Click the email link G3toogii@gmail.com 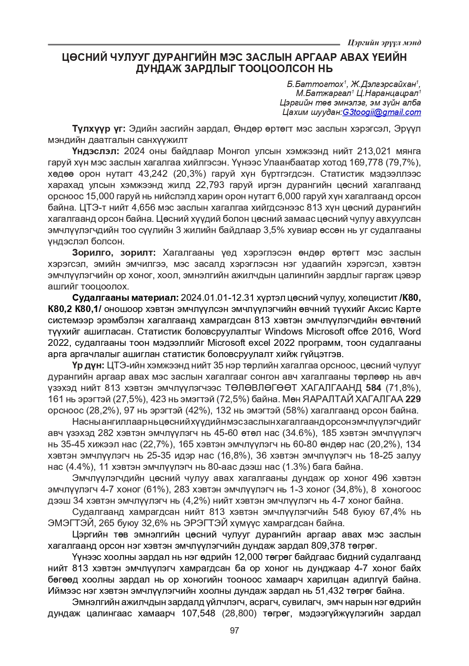tap(382, 112)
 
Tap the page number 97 tap(234, 630)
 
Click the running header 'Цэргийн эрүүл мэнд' tap(384, 43)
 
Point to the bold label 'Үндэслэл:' tap(96, 151)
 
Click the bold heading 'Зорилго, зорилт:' tap(114, 253)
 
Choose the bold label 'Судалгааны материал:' tap(126, 298)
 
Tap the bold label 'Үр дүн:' tap(88, 365)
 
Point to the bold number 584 tap(373, 388)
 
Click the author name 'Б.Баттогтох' tap(315, 84)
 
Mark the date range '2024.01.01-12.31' tap(218, 298)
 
